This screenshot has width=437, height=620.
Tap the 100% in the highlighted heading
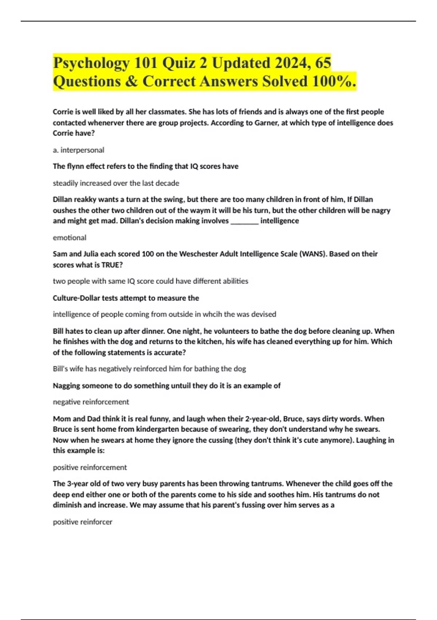point(334,81)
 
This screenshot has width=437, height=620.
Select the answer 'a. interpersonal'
point(78,150)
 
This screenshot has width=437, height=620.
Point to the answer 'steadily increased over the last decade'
point(116,183)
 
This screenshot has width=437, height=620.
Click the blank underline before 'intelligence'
point(244,221)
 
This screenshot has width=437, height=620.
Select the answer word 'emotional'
point(70,238)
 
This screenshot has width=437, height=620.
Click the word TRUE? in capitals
point(112,265)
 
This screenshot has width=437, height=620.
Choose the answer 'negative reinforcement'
point(91,402)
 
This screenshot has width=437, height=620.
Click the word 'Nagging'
point(67,385)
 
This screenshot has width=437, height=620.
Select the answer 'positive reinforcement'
point(90,467)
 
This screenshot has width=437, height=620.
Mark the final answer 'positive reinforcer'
point(82,522)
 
